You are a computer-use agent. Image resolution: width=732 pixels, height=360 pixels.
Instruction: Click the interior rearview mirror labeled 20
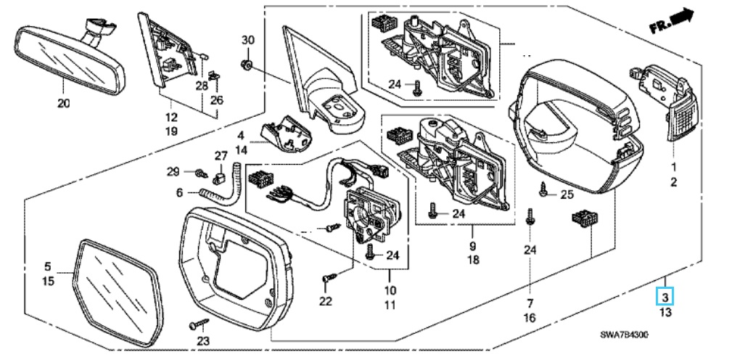click(x=70, y=58)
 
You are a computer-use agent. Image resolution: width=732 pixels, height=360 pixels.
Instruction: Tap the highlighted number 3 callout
click(x=666, y=297)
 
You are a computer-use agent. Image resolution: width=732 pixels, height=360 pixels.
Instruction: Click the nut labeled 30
click(x=248, y=64)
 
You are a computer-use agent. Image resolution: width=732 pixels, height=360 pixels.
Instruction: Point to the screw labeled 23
click(x=197, y=324)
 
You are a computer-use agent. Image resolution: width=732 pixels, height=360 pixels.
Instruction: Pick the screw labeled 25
click(x=544, y=189)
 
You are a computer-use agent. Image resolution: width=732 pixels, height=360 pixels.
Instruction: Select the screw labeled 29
click(x=202, y=173)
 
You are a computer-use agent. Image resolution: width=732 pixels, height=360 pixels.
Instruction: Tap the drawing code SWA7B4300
click(x=624, y=335)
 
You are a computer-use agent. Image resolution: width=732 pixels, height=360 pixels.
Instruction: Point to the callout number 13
click(x=665, y=312)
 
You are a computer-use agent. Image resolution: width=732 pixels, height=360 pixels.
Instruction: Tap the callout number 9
click(x=472, y=245)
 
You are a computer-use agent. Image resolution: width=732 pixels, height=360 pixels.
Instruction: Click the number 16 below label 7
click(x=530, y=318)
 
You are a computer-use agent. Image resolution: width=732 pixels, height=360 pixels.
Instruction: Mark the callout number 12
click(x=171, y=117)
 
